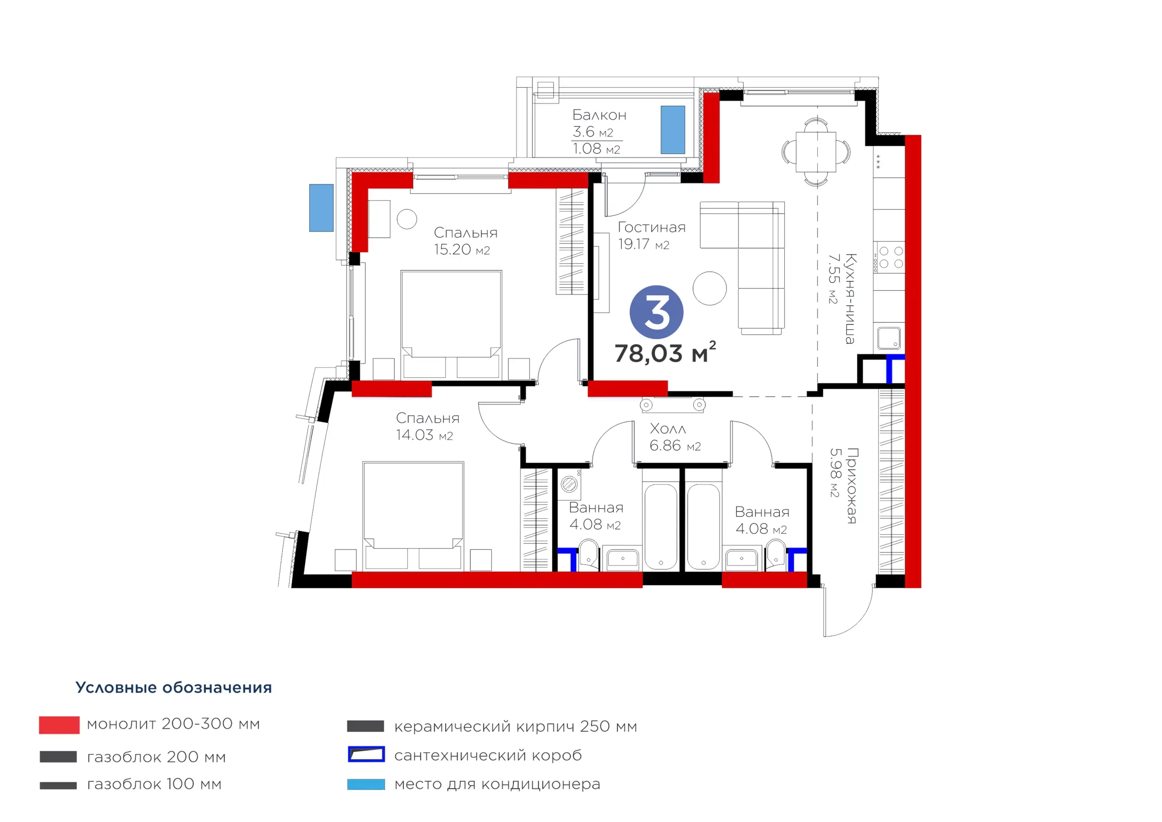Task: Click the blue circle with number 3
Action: pyautogui.click(x=656, y=312)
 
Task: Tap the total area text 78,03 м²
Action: pyautogui.click(x=665, y=352)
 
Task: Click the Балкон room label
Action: pyautogui.click(x=599, y=115)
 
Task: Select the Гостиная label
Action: pyautogui.click(x=652, y=228)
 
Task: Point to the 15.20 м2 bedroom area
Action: pyautogui.click(x=462, y=250)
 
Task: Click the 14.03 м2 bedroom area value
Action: pyautogui.click(x=424, y=435)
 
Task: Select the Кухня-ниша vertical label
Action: pyautogui.click(x=850, y=299)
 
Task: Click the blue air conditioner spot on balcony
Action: pyautogui.click(x=673, y=129)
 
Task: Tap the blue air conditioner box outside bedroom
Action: pyautogui.click(x=321, y=208)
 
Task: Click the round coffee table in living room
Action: pyautogui.click(x=709, y=288)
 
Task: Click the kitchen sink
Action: pyautogui.click(x=889, y=338)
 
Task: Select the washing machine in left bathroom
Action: pyautogui.click(x=570, y=484)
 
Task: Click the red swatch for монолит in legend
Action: pyautogui.click(x=59, y=725)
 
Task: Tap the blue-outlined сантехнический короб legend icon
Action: pyautogui.click(x=366, y=754)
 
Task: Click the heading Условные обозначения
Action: pyautogui.click(x=173, y=687)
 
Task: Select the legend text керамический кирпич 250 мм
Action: pyautogui.click(x=516, y=726)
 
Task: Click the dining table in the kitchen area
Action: pyautogui.click(x=816, y=152)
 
